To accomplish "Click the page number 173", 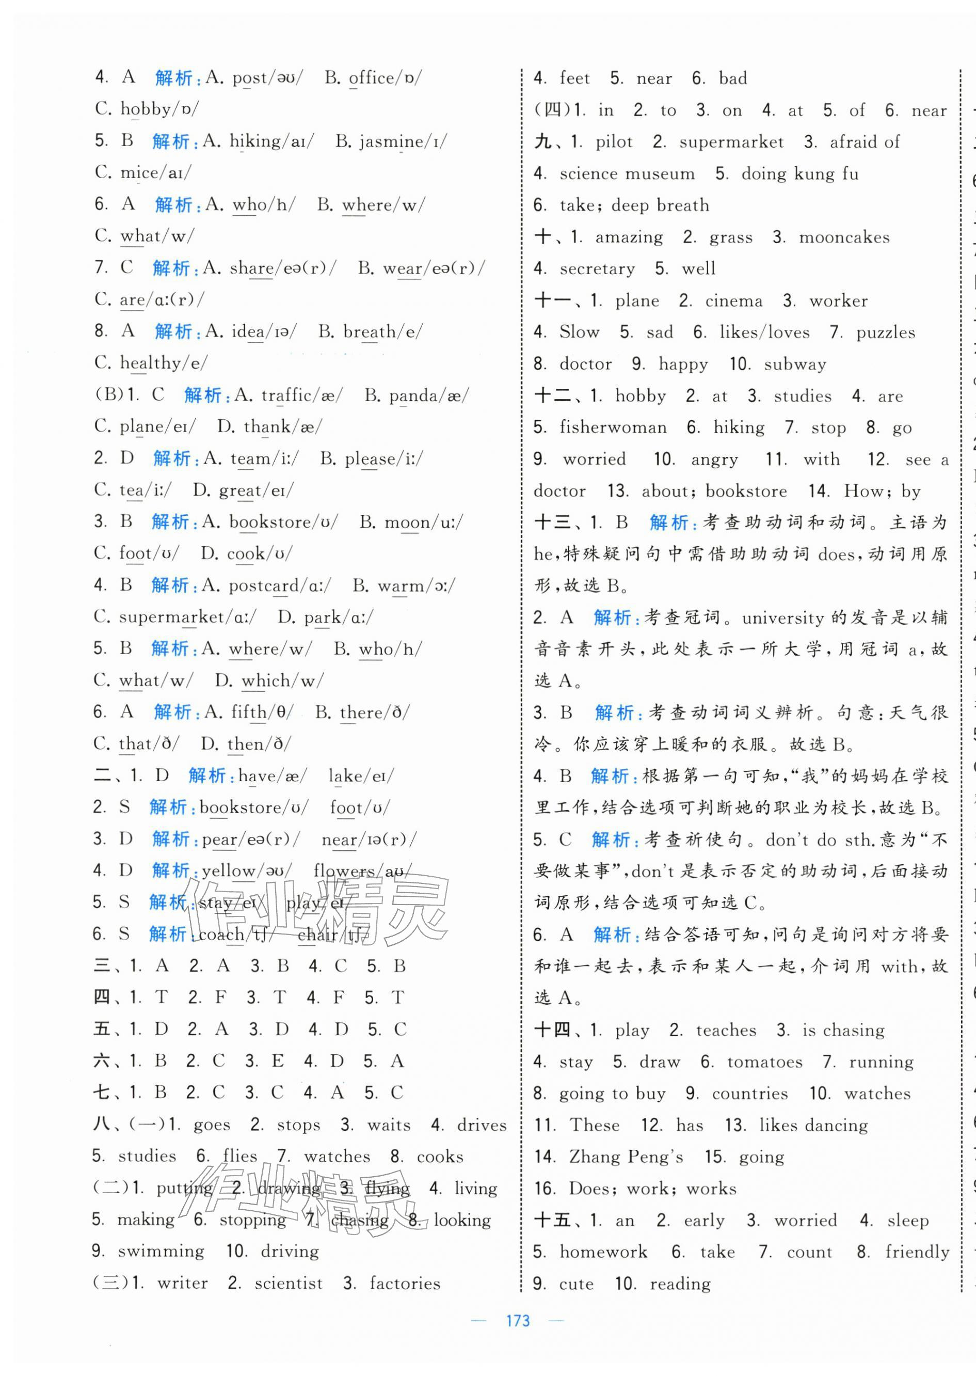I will point(518,1321).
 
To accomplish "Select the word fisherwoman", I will point(613,428).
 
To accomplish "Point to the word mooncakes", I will point(844,238).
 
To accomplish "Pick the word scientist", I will point(289,1284).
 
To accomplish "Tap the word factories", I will point(405,1284).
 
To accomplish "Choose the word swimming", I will point(161,1252).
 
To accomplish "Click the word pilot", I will point(614,143).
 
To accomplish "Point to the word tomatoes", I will point(764,1062).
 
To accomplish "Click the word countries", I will point(749,1094).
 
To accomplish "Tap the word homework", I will point(603,1252).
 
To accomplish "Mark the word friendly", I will point(917,1252).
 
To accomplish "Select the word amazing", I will point(629,238).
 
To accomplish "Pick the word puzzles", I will point(885,333).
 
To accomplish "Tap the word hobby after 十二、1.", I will point(640,396).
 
